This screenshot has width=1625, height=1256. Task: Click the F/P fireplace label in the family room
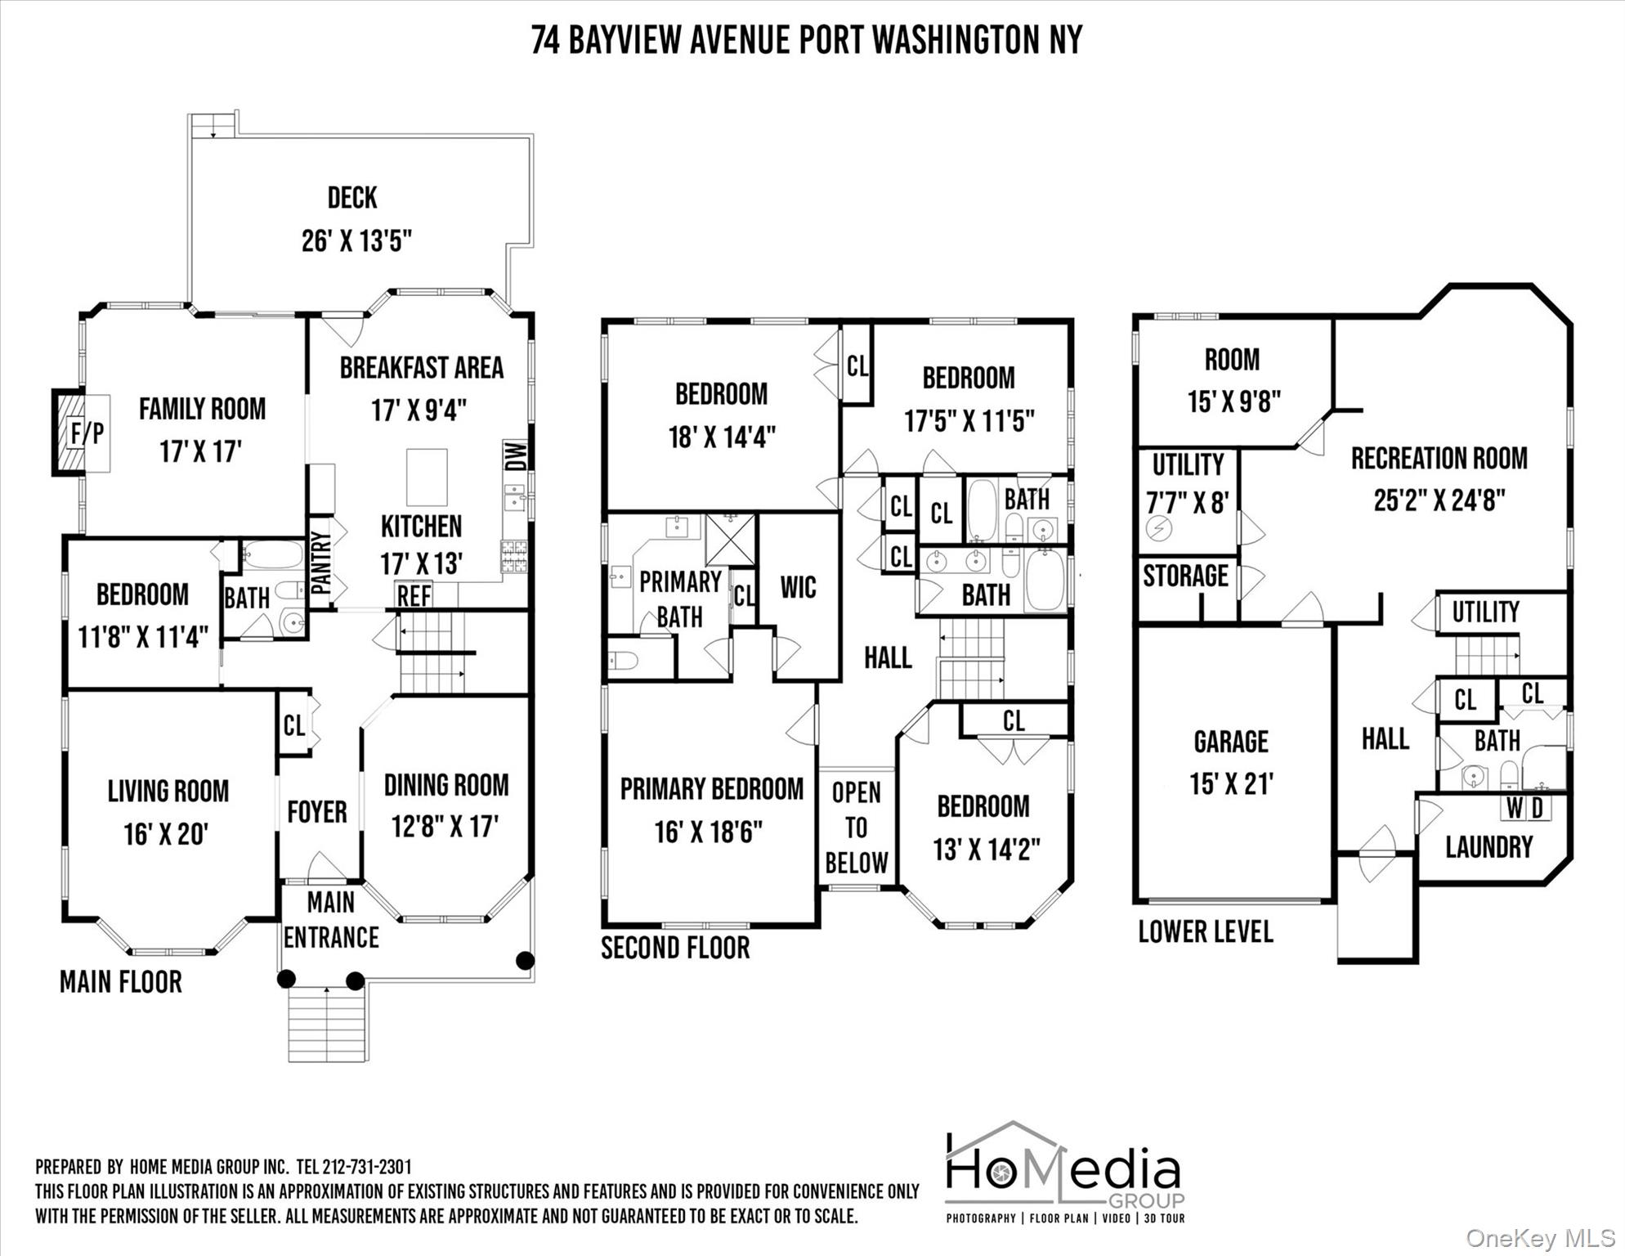click(x=87, y=433)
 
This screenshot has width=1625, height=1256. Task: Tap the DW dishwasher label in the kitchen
click(x=516, y=455)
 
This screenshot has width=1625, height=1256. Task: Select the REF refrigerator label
click(x=414, y=596)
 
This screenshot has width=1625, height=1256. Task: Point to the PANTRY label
click(x=320, y=563)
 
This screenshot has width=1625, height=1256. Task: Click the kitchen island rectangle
click(x=427, y=478)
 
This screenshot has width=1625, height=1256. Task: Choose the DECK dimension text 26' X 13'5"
click(x=356, y=241)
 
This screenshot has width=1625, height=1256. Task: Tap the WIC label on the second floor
click(x=798, y=587)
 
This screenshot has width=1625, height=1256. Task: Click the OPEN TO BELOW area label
click(x=856, y=828)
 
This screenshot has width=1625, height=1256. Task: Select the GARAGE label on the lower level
click(x=1231, y=742)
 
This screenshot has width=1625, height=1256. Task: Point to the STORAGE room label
click(x=1185, y=576)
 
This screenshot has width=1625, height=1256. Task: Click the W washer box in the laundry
click(x=1514, y=808)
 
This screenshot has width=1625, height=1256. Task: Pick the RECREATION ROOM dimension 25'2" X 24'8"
click(x=1439, y=500)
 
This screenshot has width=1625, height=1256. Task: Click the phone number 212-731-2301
click(x=367, y=1167)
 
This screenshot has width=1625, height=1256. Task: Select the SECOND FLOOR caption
click(x=675, y=948)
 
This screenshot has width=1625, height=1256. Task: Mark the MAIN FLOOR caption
click(x=121, y=982)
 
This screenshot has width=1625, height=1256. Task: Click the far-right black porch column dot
click(x=526, y=960)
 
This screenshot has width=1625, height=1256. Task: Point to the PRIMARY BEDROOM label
click(x=712, y=789)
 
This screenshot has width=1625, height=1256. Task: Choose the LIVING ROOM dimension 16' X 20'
click(x=166, y=835)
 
